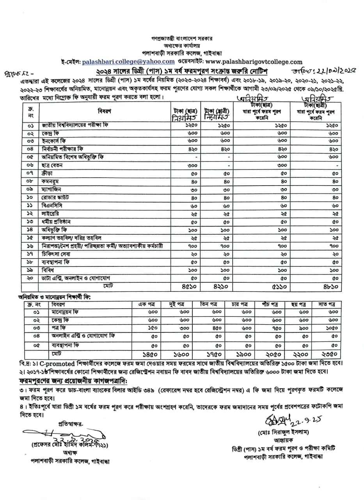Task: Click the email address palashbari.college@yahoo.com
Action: [128, 61]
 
